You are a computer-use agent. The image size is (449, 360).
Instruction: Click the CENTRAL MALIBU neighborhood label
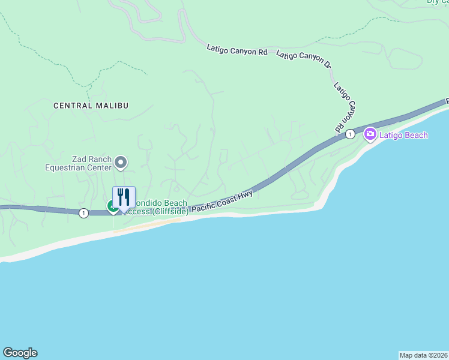click(91, 106)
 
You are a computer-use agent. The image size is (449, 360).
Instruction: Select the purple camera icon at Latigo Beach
click(370, 134)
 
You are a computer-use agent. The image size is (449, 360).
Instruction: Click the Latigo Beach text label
click(403, 135)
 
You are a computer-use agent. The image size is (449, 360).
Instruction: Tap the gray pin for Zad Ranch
click(121, 162)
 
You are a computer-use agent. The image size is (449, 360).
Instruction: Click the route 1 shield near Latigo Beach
click(350, 135)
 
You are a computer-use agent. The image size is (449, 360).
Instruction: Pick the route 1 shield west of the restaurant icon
click(83, 212)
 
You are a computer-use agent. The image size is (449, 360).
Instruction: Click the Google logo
click(20, 353)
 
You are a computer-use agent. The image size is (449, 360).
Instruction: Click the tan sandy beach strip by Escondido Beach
click(147, 226)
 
